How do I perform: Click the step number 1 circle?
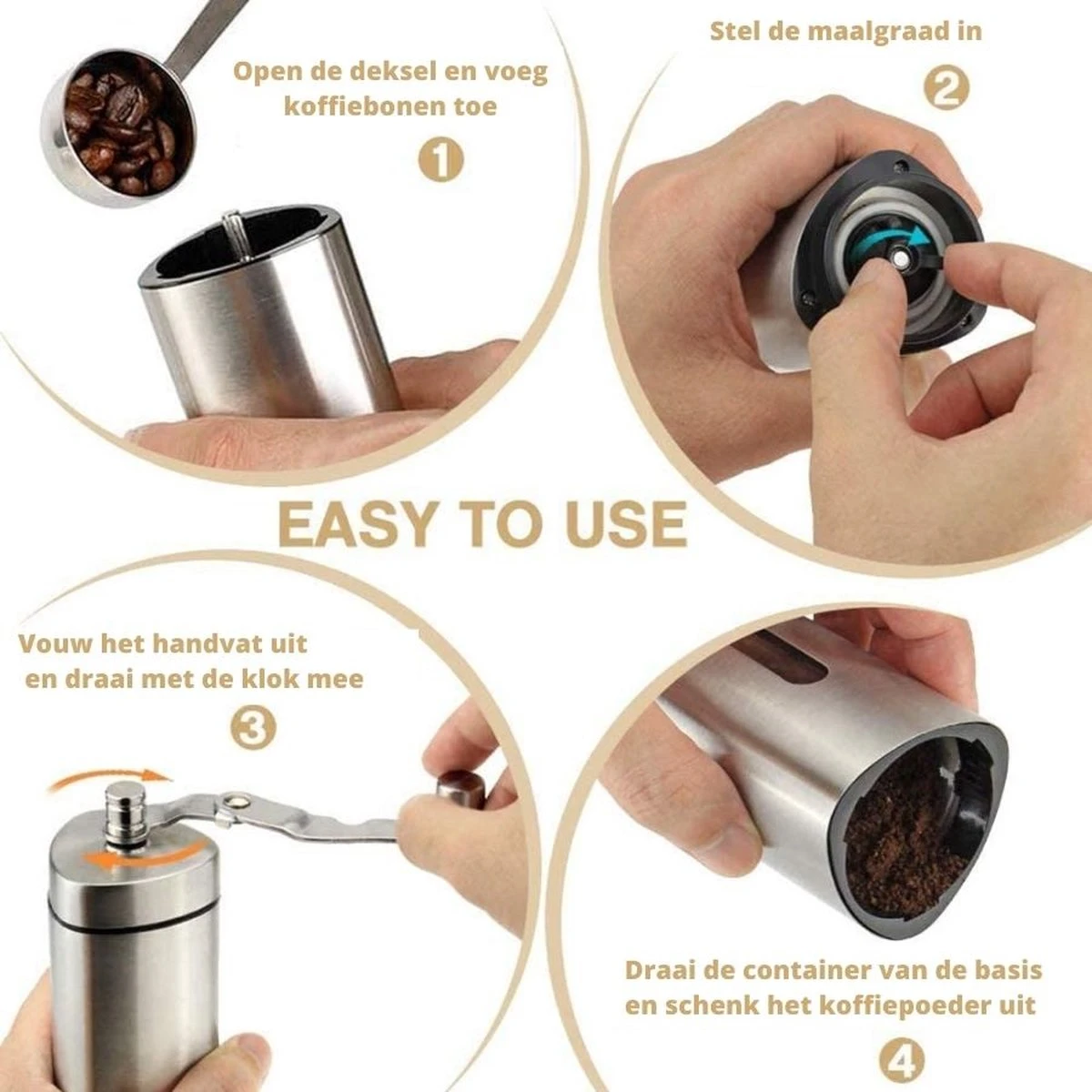coord(441,161)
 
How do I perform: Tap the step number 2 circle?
coord(945,88)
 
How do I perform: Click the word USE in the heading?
coord(615,524)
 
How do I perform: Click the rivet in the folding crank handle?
coord(239,800)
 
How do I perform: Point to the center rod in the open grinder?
coord(235,233)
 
